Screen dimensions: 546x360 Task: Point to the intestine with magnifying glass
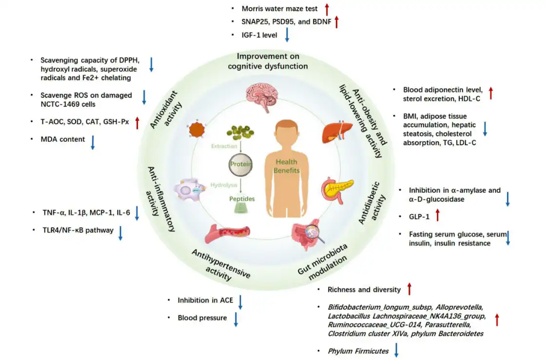point(308,234)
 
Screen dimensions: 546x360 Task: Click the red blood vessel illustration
point(227,233)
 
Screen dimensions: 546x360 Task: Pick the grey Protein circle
point(241,165)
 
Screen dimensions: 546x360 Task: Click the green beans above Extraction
point(240,132)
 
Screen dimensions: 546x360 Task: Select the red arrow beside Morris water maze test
point(327,9)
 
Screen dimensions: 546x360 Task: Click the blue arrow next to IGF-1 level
point(287,35)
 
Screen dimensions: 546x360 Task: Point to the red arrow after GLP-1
point(438,215)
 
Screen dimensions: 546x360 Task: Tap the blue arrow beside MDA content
point(93,143)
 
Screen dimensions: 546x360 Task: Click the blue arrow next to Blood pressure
point(236,320)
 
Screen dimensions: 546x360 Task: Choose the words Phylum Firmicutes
point(358,351)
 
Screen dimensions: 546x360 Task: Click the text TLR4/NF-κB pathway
point(78,230)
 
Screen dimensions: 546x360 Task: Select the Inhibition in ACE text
point(205,300)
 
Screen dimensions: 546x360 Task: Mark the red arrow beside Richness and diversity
point(409,289)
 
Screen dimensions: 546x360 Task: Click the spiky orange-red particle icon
point(197,130)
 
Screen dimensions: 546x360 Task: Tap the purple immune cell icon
point(190,190)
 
